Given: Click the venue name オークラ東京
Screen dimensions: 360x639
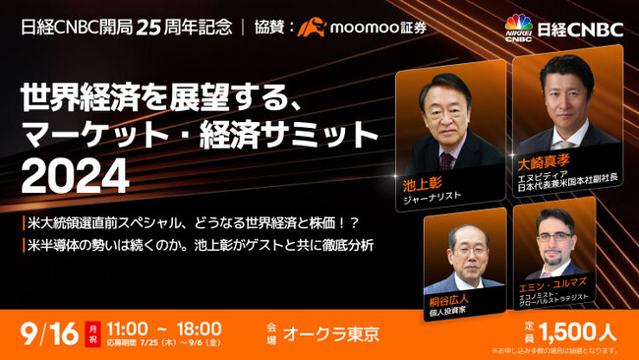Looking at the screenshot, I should (x=330, y=333).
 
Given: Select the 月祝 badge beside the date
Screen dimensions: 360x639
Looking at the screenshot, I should (x=92, y=331).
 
